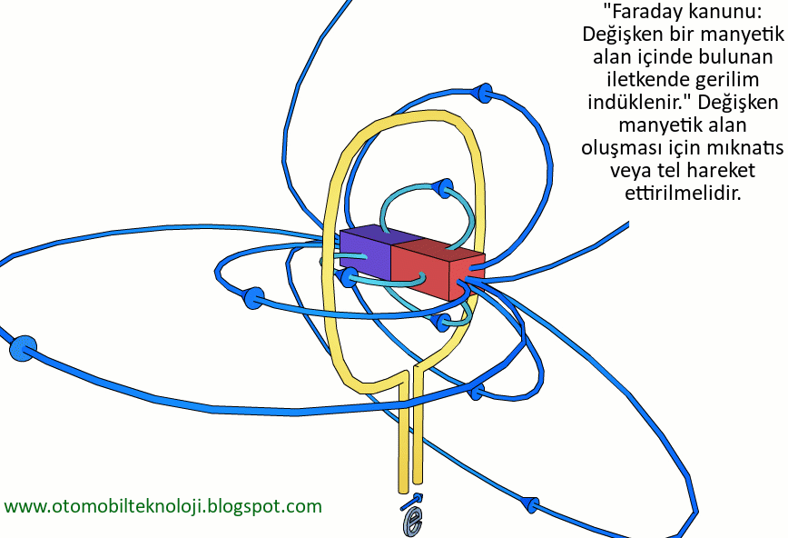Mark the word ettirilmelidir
point(684,193)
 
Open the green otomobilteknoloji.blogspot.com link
point(163,506)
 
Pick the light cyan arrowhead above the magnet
point(442,188)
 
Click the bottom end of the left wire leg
point(402,486)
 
